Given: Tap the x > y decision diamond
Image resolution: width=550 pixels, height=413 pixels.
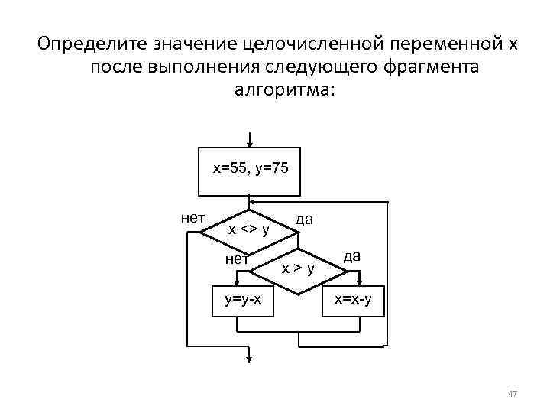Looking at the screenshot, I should [x=299, y=268].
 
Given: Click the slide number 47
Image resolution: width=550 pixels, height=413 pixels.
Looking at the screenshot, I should [x=513, y=393].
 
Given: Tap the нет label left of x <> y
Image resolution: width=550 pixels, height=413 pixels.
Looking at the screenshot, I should [x=192, y=216].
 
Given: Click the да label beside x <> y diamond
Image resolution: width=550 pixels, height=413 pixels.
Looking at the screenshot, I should [x=304, y=220].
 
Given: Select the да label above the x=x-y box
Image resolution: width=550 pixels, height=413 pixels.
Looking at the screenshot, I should [x=353, y=256].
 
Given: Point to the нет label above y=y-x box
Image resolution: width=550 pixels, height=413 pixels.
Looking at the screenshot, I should [x=237, y=259].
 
